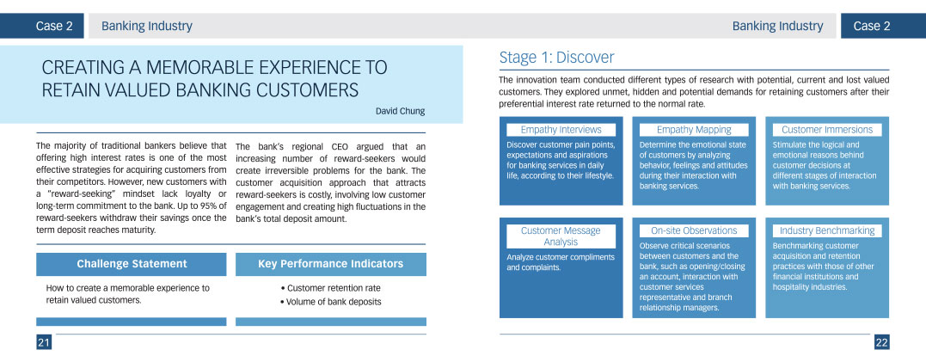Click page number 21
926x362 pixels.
coord(44,342)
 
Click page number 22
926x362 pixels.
coord(881,342)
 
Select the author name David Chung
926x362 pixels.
coord(400,111)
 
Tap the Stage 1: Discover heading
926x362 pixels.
coord(556,58)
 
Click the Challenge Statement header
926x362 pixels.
coord(131,264)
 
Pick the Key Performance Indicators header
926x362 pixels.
coord(331,264)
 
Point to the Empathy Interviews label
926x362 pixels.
coord(561,129)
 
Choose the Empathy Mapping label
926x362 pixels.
coord(694,129)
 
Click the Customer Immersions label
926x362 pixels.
coord(827,129)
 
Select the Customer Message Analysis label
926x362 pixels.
coord(561,236)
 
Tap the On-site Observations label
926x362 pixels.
coord(694,230)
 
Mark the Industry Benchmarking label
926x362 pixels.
coord(827,230)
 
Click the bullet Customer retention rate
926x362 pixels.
coord(331,288)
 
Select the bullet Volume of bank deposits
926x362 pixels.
coord(331,302)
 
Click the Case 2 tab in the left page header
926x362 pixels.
coord(54,26)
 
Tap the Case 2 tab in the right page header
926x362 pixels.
coord(872,26)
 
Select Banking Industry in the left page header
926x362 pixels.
coord(147,26)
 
